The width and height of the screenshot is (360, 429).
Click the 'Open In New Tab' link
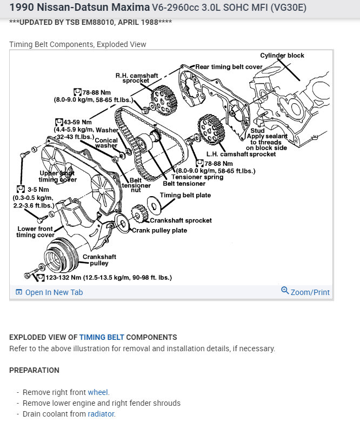(x=54, y=292)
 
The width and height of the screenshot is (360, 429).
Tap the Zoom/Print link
(x=310, y=292)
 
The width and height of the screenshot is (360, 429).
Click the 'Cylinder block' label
(x=282, y=55)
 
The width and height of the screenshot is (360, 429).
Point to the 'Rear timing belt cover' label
(x=229, y=67)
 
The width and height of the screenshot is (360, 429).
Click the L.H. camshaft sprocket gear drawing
(x=211, y=129)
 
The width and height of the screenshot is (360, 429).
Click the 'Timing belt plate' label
(x=185, y=195)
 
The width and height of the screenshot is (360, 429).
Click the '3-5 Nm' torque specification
(x=36, y=190)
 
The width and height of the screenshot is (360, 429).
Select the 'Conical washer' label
(x=106, y=143)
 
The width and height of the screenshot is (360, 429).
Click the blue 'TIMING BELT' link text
(x=102, y=337)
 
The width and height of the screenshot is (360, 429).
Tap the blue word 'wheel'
(x=98, y=392)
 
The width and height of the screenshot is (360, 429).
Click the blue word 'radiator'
(x=101, y=414)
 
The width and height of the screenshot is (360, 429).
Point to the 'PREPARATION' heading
(x=34, y=370)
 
